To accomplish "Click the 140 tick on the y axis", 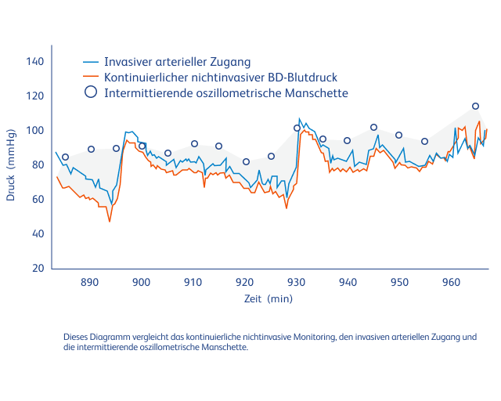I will click(35, 61).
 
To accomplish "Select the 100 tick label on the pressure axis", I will click(35, 130).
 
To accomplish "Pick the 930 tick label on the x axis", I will click(296, 282).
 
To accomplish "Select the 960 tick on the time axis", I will click(451, 282).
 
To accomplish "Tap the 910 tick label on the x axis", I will click(193, 282).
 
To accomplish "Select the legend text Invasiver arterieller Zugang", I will click(177, 62).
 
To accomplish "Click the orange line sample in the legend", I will click(91, 77).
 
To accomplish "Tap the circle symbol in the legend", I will click(91, 92).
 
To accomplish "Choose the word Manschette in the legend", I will click(317, 92).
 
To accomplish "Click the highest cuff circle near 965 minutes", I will click(475, 106).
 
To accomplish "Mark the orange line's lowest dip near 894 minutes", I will click(110, 222).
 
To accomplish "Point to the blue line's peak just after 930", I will click(300, 119).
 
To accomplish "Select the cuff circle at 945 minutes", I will click(373, 127).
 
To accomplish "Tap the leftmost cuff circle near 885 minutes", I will click(65, 157).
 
